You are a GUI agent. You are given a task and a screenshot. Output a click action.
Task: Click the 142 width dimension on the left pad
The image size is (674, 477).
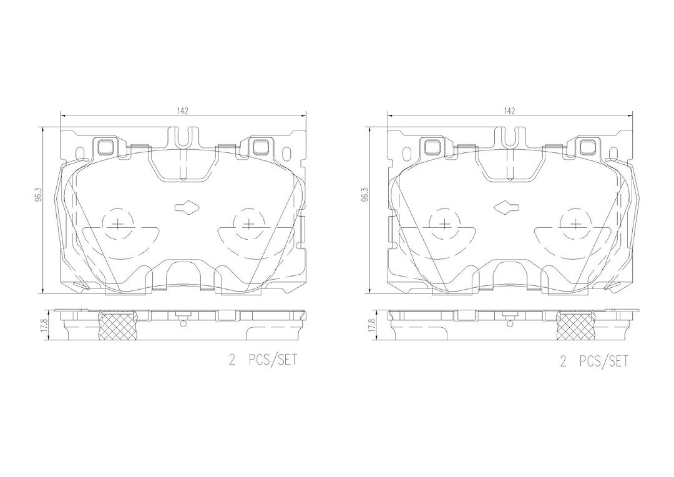coord(182,111)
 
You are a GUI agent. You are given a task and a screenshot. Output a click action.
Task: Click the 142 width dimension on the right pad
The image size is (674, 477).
coord(509,111)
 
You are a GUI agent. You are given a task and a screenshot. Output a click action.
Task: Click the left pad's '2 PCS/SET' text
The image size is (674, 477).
coord(263,360)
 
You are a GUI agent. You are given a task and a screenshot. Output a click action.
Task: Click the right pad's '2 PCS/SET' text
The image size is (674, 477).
coord(593,361)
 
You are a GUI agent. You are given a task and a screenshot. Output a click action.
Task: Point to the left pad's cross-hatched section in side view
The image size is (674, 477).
coord(118,326)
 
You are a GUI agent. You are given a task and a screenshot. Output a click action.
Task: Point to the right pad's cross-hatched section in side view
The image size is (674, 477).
coord(576,326)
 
